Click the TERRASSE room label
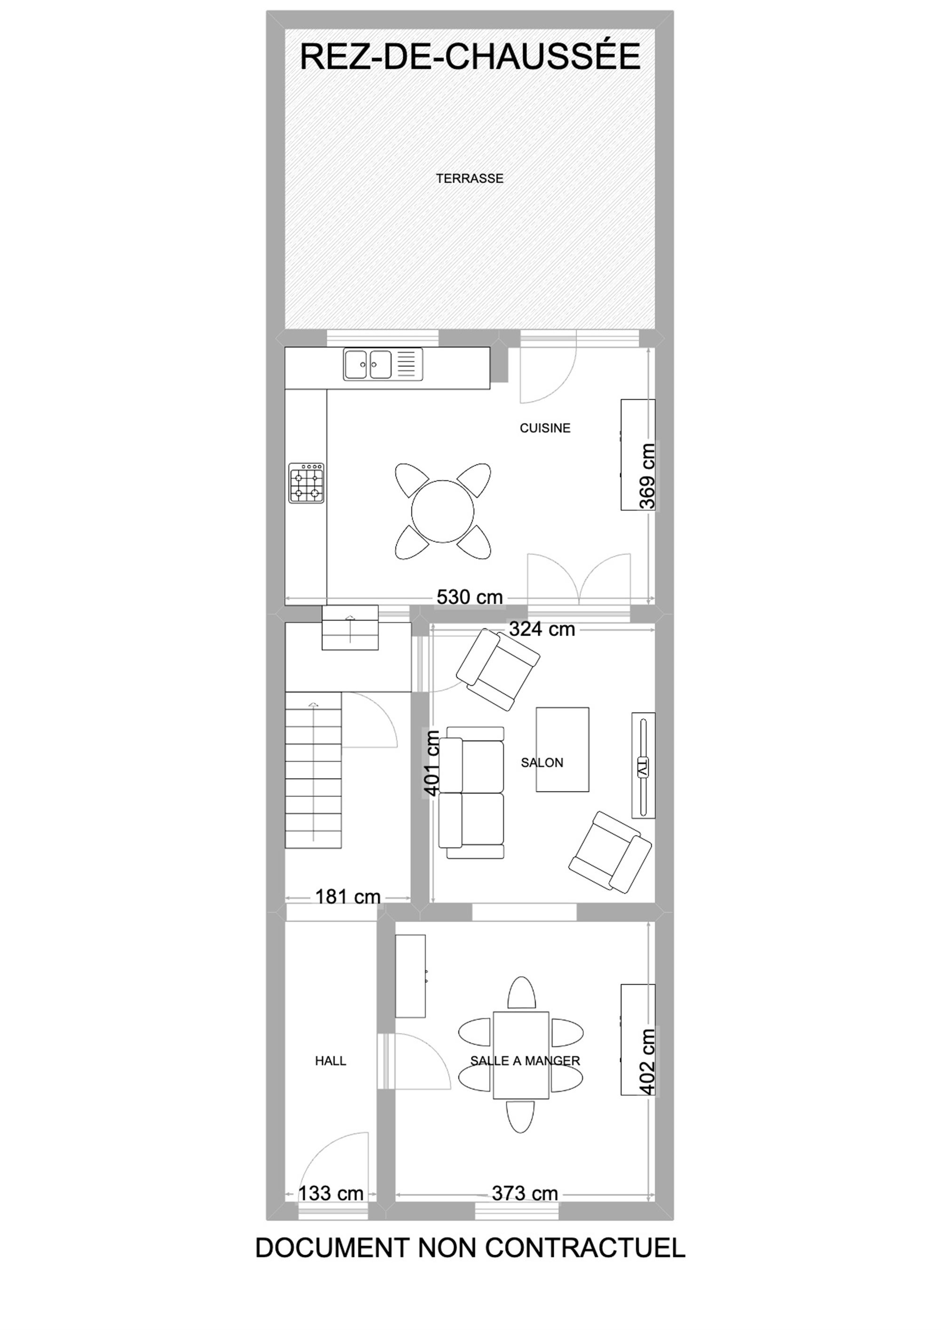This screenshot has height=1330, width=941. (x=470, y=178)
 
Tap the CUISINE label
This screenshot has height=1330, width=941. (x=545, y=428)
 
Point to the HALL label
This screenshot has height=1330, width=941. (x=330, y=1060)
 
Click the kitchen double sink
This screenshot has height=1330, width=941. (x=383, y=364)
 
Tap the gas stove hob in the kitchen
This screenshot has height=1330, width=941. (x=306, y=483)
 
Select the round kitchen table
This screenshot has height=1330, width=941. (x=443, y=511)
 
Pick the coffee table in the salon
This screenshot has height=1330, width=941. (x=563, y=749)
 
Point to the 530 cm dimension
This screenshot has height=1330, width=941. (x=470, y=597)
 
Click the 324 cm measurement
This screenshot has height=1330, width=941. (x=542, y=629)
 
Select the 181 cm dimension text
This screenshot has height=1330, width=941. (x=348, y=897)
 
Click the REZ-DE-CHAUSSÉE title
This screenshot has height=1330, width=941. (x=470, y=56)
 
